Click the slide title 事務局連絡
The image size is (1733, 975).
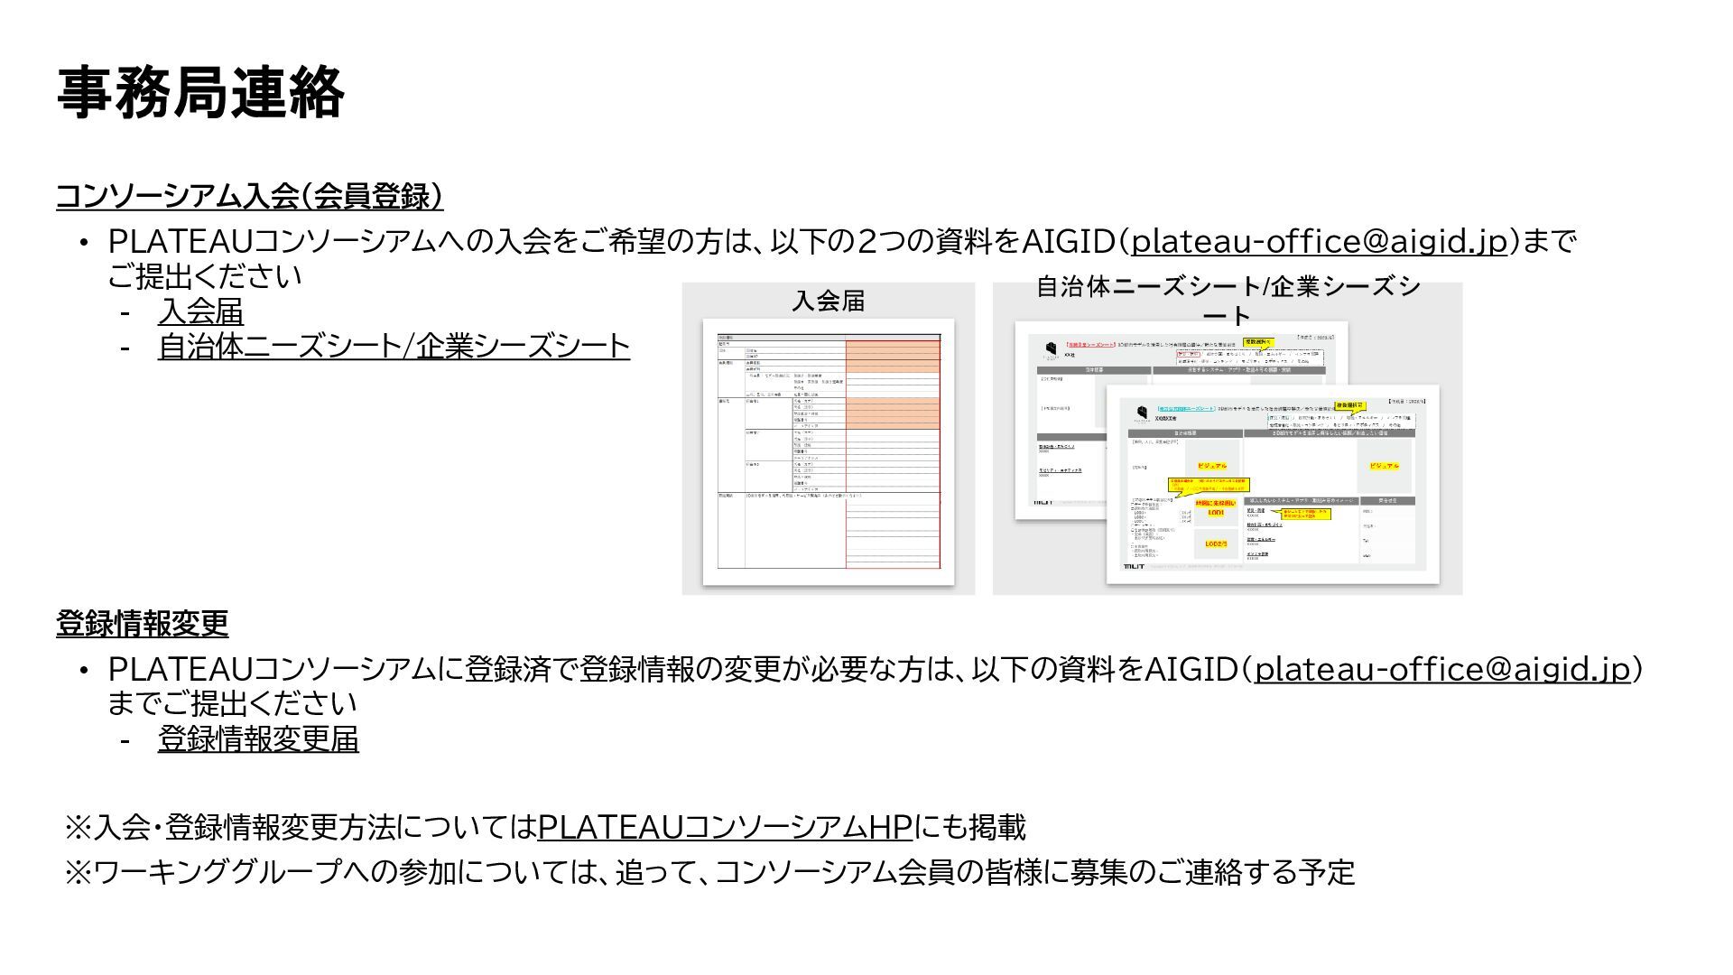[199, 92]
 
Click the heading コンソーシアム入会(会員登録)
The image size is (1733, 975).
[249, 195]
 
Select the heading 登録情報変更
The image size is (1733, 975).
[142, 623]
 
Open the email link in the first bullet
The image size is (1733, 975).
[1320, 241]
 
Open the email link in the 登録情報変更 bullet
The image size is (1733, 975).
[1442, 669]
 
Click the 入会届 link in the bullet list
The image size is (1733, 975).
[200, 311]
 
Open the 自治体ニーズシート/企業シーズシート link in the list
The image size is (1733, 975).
[394, 346]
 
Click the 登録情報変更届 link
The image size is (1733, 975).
[258, 738]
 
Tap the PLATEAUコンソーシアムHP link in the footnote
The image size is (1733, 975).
[724, 826]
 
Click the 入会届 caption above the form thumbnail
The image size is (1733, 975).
[828, 301]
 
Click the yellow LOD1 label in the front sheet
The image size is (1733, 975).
[1215, 513]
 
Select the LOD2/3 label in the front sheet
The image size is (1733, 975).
[1215, 544]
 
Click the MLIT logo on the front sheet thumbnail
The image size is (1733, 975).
[1134, 566]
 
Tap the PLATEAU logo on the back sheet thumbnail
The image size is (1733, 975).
[1051, 349]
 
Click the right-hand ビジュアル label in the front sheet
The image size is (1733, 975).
[1384, 466]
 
